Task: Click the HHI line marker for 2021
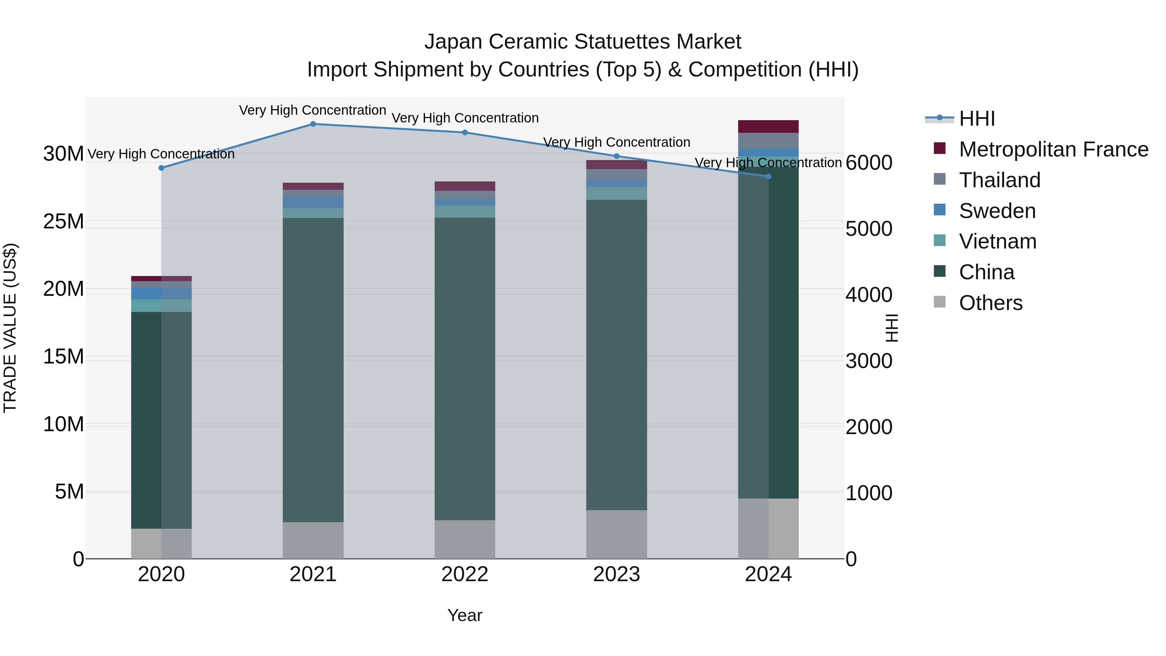pyautogui.click(x=313, y=124)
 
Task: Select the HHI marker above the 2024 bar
pyautogui.click(x=768, y=177)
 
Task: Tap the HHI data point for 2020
pyautogui.click(x=162, y=168)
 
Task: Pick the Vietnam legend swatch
pyautogui.click(x=940, y=241)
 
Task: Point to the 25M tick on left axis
pyautogui.click(x=63, y=221)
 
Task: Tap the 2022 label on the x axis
pyautogui.click(x=464, y=574)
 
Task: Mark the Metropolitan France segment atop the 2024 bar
pyautogui.click(x=768, y=126)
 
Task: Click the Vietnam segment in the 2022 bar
pyautogui.click(x=464, y=212)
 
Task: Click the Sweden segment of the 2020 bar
pyautogui.click(x=161, y=293)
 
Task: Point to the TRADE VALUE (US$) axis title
pyautogui.click(x=10, y=328)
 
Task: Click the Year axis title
pyautogui.click(x=464, y=615)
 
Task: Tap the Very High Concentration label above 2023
pyautogui.click(x=616, y=142)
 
